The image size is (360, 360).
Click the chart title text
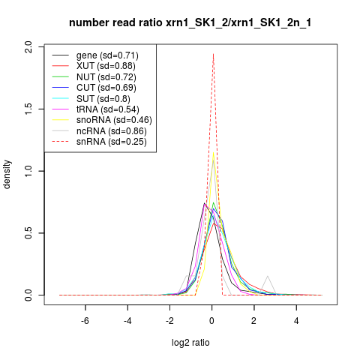[x=190, y=23]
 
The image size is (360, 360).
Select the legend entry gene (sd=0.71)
[x=107, y=55]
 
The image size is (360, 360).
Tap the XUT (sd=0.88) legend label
[x=106, y=66]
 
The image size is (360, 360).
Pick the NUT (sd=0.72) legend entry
[x=106, y=77]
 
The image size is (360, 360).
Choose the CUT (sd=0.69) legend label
[x=106, y=88]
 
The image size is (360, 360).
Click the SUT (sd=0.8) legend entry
[x=103, y=99]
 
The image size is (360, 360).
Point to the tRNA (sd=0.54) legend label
[x=108, y=109]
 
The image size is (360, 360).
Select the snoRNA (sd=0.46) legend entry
[x=114, y=120]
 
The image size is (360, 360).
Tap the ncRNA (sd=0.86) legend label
[x=112, y=131]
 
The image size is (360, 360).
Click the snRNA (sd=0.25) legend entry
[x=112, y=142]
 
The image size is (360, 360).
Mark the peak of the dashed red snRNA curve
[x=213, y=53]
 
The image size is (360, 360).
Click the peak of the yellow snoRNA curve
[x=213, y=152]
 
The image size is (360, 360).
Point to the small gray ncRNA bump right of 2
[x=268, y=276]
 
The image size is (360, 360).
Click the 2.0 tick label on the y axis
[x=28, y=47]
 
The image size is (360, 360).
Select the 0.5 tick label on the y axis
[x=28, y=233]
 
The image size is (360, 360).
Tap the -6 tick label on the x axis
[x=85, y=320]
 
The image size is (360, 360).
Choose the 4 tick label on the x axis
[x=296, y=320]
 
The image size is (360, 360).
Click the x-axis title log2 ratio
[x=190, y=343]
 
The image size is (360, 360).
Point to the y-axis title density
[x=7, y=175]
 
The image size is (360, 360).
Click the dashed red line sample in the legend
[x=60, y=142]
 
